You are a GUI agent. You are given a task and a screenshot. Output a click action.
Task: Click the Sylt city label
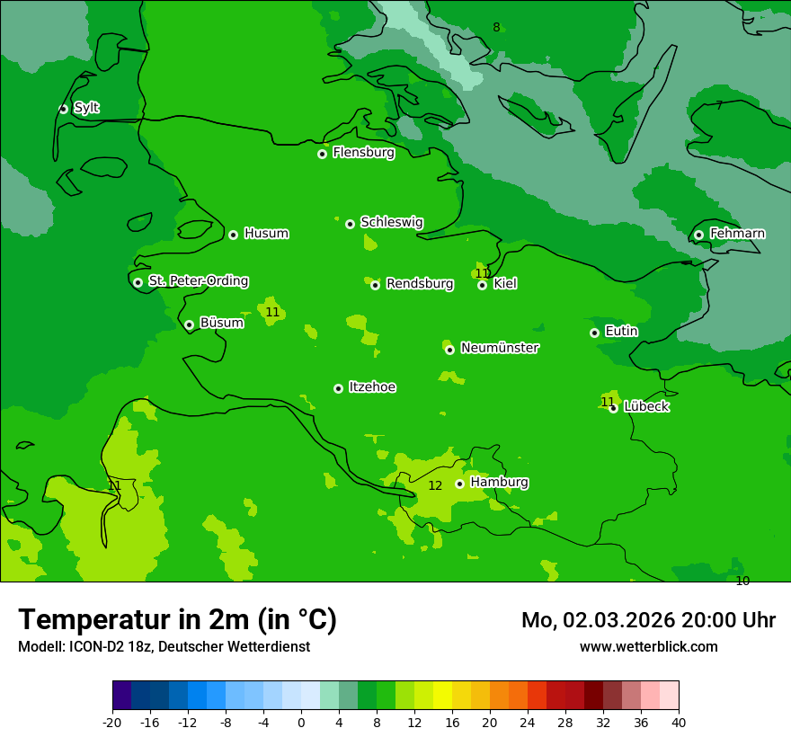point(86,108)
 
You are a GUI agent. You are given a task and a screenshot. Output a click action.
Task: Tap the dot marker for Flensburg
point(322,154)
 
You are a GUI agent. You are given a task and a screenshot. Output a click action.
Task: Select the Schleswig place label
point(391,222)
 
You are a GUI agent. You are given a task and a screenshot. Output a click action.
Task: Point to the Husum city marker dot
point(233,235)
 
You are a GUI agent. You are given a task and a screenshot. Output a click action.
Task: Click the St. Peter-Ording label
point(198,280)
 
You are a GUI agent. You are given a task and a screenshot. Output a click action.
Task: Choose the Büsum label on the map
point(221,323)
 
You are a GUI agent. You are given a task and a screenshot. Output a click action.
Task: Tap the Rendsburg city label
point(419,284)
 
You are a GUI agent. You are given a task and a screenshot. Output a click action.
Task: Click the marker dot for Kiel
point(482,285)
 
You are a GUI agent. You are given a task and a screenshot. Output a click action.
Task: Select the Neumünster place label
point(499,348)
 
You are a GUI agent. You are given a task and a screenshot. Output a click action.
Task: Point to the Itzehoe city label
point(372,387)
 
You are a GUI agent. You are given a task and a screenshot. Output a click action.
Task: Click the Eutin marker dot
point(594,333)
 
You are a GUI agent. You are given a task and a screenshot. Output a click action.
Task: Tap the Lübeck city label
point(646,406)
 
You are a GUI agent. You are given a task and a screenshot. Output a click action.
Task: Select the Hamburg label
point(499,482)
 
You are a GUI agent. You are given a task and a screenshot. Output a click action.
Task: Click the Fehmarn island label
point(737,234)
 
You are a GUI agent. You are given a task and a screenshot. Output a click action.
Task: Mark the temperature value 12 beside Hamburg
point(435,485)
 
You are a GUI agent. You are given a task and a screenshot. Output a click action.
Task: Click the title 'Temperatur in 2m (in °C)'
point(177,619)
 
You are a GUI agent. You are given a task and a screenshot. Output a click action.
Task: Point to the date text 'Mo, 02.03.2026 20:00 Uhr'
point(648,620)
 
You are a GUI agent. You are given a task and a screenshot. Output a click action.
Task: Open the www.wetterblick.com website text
point(648,646)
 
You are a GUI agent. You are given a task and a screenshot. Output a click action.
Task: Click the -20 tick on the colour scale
point(112,722)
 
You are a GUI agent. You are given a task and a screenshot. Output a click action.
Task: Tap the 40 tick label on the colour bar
point(679,722)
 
